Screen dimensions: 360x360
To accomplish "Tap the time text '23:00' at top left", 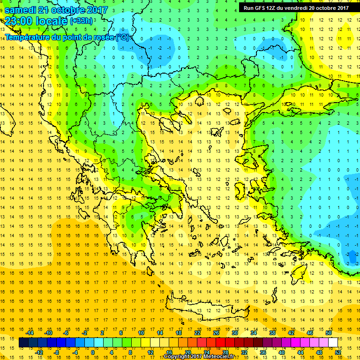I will [18, 21].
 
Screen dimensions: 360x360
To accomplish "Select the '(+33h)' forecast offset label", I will [81, 21].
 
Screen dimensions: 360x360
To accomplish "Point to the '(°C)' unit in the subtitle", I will [124, 37].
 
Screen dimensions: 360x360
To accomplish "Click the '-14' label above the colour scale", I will [30, 332].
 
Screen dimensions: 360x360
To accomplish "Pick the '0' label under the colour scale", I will [93, 352].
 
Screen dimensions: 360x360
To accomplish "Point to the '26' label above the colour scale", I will [216, 332].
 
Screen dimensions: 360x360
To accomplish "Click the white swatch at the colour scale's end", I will [333, 343].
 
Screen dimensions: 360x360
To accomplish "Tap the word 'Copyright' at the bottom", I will [177, 357].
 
